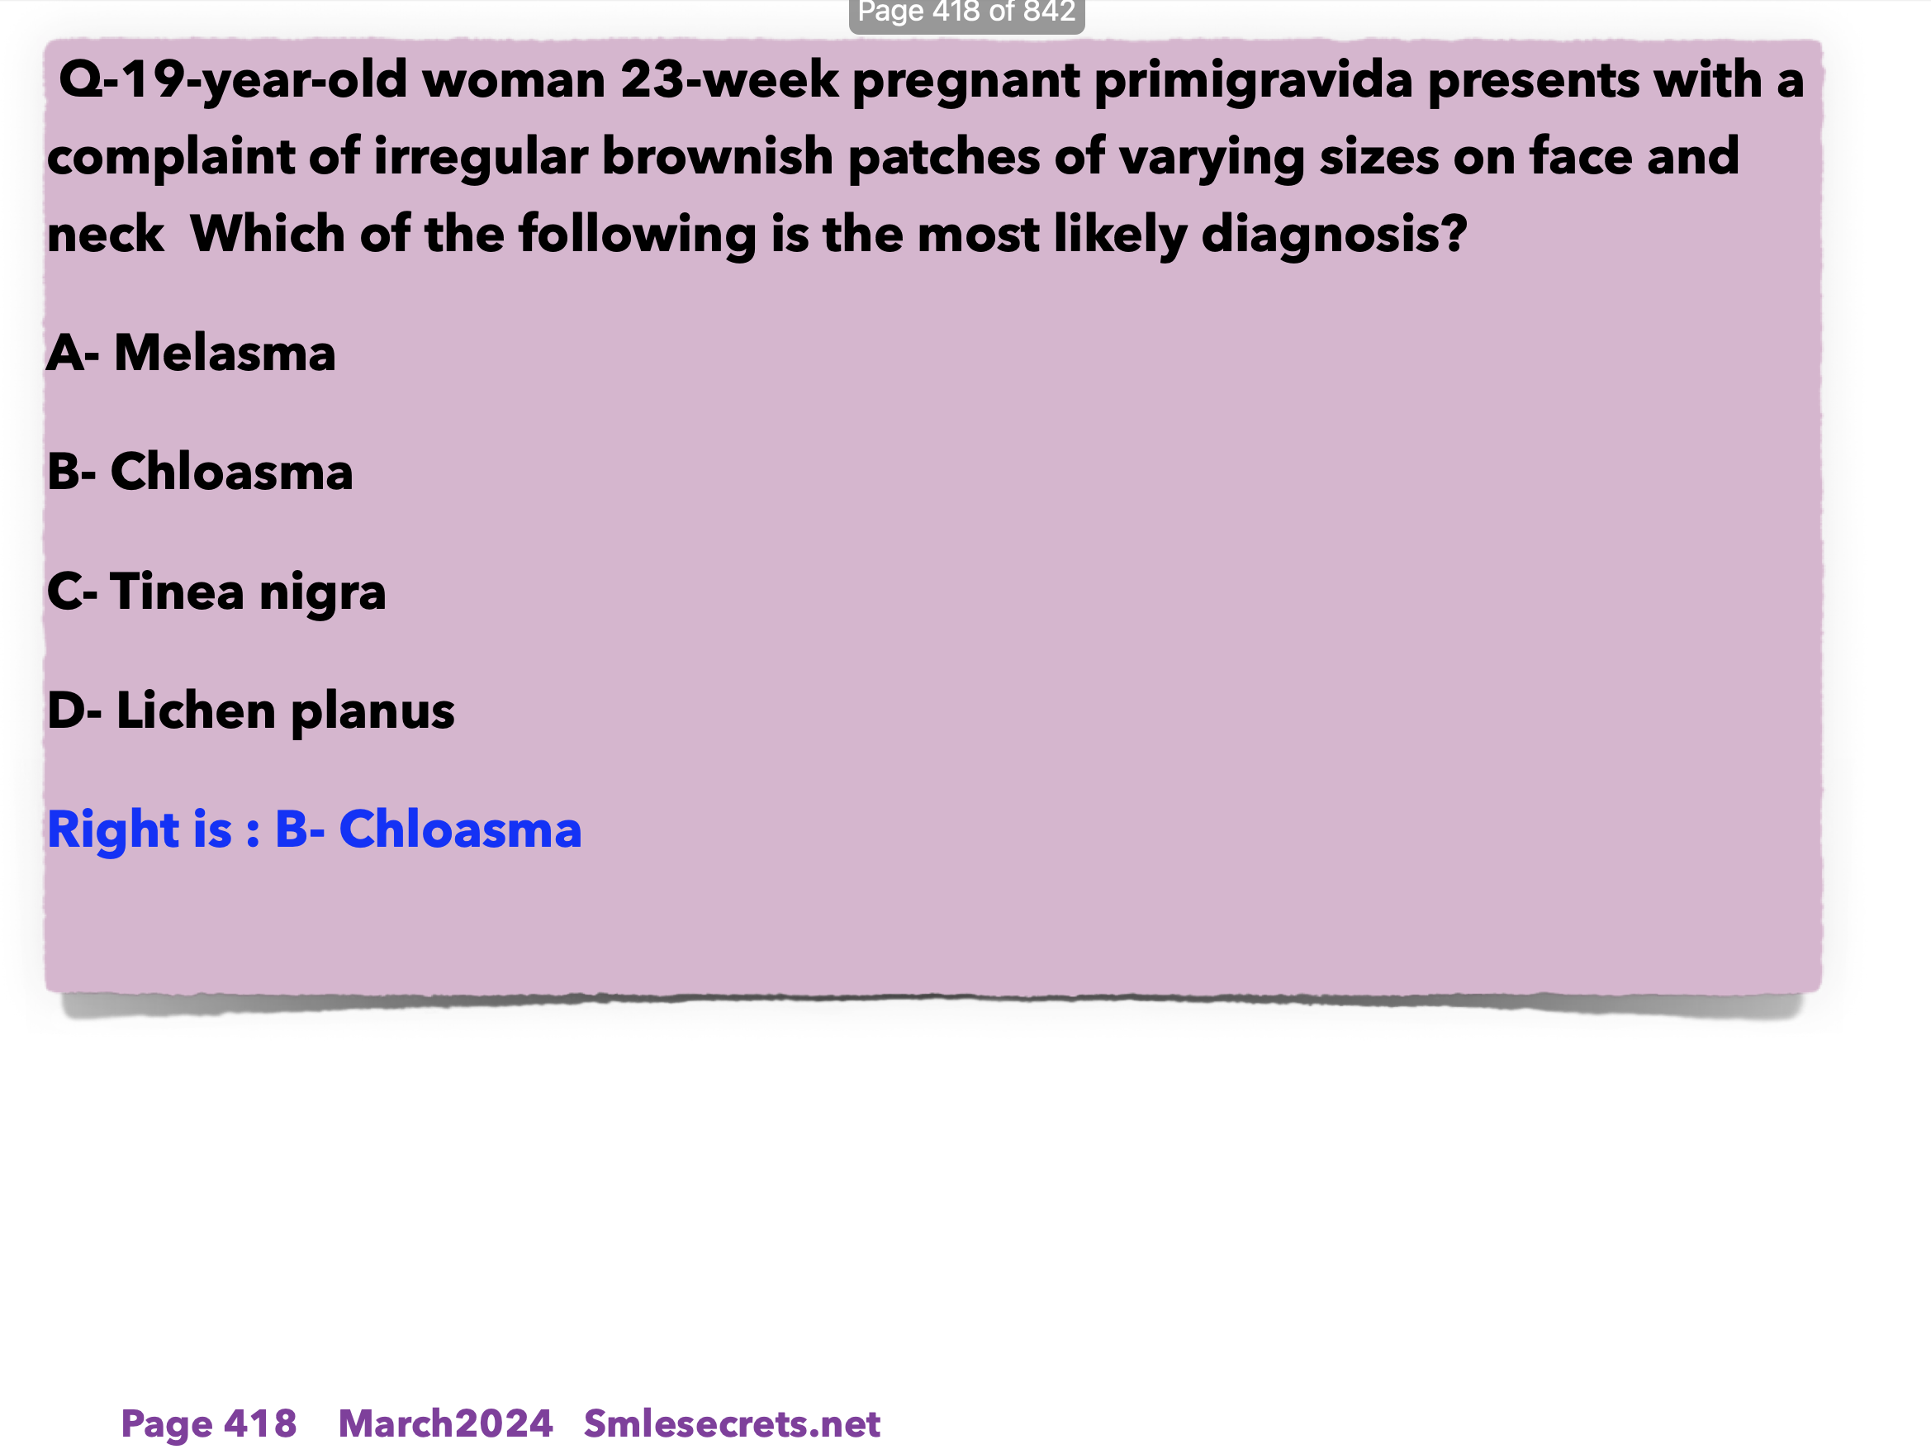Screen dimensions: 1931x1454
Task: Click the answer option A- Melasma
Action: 191,353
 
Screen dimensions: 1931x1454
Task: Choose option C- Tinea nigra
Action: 216,593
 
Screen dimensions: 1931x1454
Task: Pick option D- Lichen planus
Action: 251,710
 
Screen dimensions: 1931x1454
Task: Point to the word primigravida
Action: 1254,82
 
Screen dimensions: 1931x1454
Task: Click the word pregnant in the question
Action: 966,82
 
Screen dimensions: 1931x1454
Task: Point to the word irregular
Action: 481,159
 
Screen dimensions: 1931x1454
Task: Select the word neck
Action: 106,235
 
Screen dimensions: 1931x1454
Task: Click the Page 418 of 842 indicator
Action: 966,12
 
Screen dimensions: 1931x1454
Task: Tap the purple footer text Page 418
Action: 209,1423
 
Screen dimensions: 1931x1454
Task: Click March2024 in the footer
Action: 445,1423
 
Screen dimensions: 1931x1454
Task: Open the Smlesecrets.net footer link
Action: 732,1423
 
